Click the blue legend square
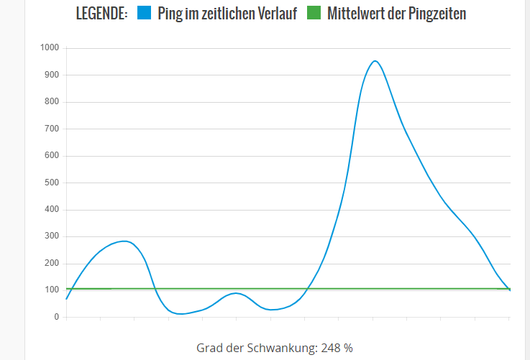[x=144, y=13]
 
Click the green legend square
[x=314, y=13]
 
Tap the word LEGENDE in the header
[x=101, y=13]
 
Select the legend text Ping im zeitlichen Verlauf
[x=227, y=13]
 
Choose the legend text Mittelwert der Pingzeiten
[x=396, y=13]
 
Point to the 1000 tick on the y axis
[x=50, y=48]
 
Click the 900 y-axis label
[x=52, y=75]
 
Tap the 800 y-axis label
[x=52, y=102]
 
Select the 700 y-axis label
[x=52, y=129]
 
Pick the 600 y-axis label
[x=52, y=156]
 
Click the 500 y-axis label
[x=52, y=183]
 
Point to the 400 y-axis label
[x=52, y=210]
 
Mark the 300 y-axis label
[x=52, y=236]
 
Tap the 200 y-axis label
[x=52, y=264]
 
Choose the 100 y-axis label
[x=52, y=290]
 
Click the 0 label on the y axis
[x=56, y=317]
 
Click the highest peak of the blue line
[x=375, y=61]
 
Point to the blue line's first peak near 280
[x=126, y=241]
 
